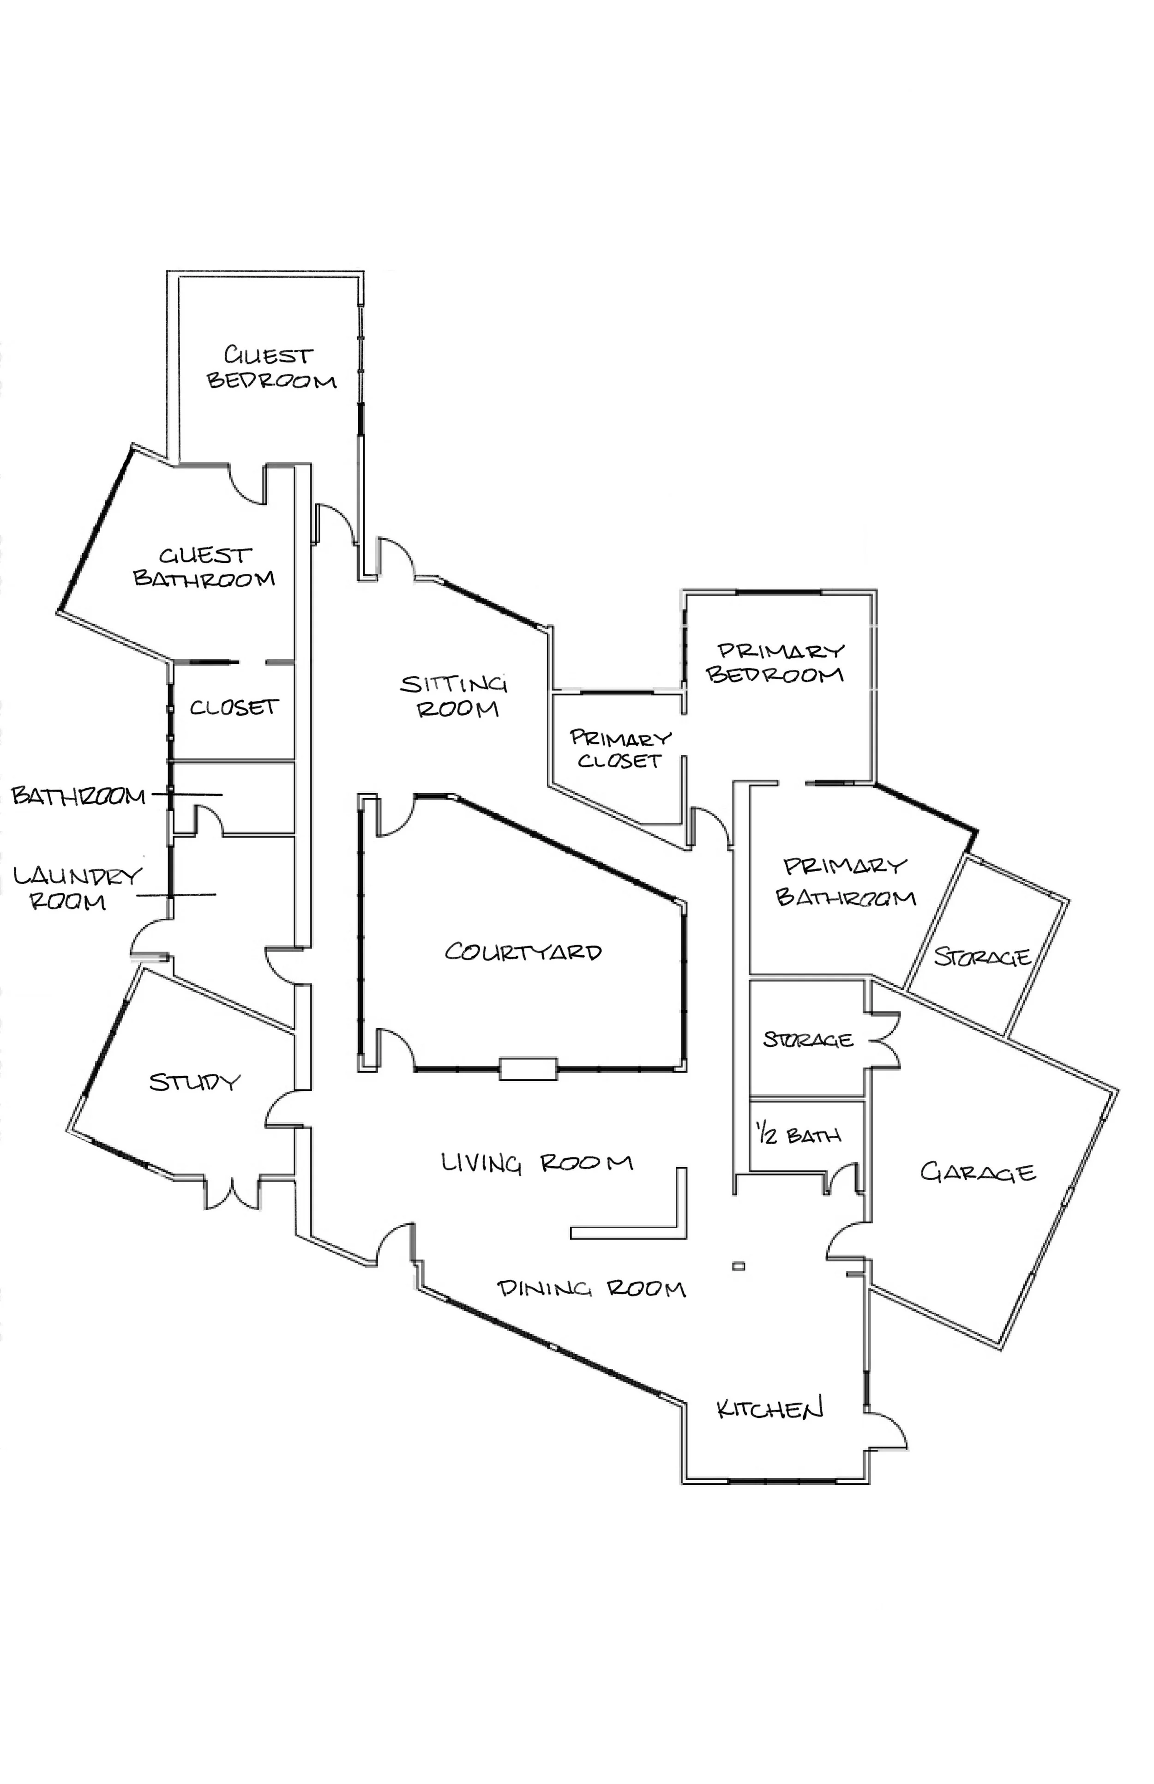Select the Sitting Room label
[x=454, y=696]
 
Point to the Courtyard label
[x=523, y=952]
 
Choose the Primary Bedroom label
[x=776, y=663]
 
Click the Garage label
[x=977, y=1172]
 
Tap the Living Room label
[x=536, y=1163]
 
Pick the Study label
[x=194, y=1082]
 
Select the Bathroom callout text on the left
[x=78, y=796]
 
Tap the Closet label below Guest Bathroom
[x=233, y=707]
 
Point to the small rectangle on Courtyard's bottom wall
[x=528, y=1068]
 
